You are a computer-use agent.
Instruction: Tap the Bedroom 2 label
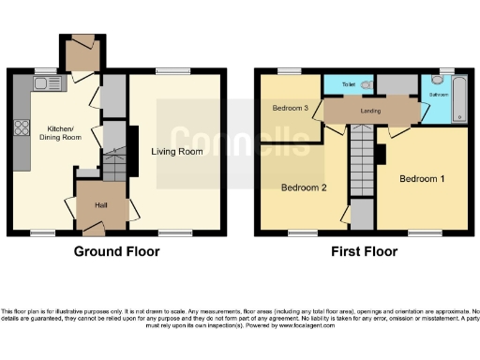pyautogui.click(x=304, y=187)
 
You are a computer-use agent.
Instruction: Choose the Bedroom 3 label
pyautogui.click(x=291, y=108)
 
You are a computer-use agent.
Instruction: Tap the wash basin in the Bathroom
pyautogui.click(x=436, y=81)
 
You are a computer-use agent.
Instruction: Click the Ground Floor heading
pyautogui.click(x=117, y=251)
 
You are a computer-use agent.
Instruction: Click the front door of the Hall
pyautogui.click(x=94, y=226)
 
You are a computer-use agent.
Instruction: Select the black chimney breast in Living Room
pyautogui.click(x=132, y=150)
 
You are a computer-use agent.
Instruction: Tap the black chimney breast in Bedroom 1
pyautogui.click(x=382, y=153)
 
